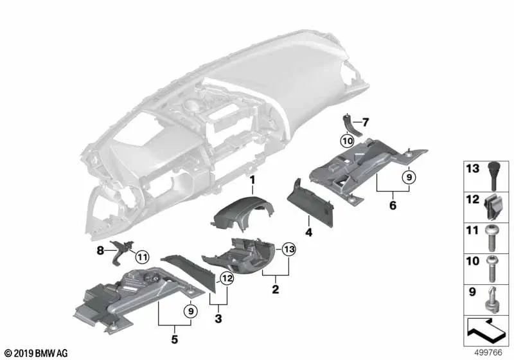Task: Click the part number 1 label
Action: [252, 179]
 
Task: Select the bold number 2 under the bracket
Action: [276, 289]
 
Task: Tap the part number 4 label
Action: [308, 232]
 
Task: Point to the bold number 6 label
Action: [393, 205]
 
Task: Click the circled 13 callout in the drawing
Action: [288, 249]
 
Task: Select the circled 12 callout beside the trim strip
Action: [227, 279]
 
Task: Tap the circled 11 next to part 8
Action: [142, 256]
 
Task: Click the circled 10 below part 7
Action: [347, 141]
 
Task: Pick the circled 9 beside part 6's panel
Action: [409, 177]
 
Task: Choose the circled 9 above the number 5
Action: [191, 310]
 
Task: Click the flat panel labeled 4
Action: [310, 204]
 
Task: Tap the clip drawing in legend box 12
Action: [491, 206]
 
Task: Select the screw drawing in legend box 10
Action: [492, 269]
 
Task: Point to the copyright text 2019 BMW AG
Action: [37, 354]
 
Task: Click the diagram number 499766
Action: [488, 352]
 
